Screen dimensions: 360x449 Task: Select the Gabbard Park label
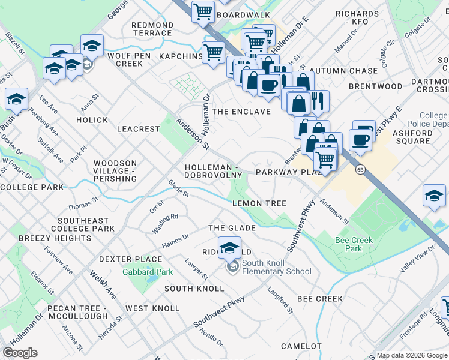click(x=148, y=272)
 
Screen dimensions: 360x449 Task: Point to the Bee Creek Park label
click(x=354, y=244)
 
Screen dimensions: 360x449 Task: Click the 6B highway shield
click(x=360, y=169)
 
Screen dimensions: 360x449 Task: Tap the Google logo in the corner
click(x=20, y=352)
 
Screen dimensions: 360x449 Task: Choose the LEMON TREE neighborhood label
click(x=259, y=203)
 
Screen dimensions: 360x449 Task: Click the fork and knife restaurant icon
click(x=317, y=100)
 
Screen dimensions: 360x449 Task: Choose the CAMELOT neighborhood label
click(x=302, y=346)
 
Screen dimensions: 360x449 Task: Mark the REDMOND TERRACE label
click(x=152, y=30)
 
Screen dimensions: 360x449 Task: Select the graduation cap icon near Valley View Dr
click(x=434, y=196)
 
